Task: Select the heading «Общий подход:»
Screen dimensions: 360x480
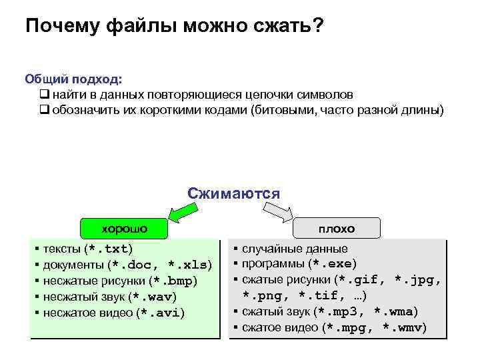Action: click(73, 79)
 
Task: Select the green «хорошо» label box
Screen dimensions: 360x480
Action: click(124, 228)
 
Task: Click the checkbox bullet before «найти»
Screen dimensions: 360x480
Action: click(45, 95)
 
